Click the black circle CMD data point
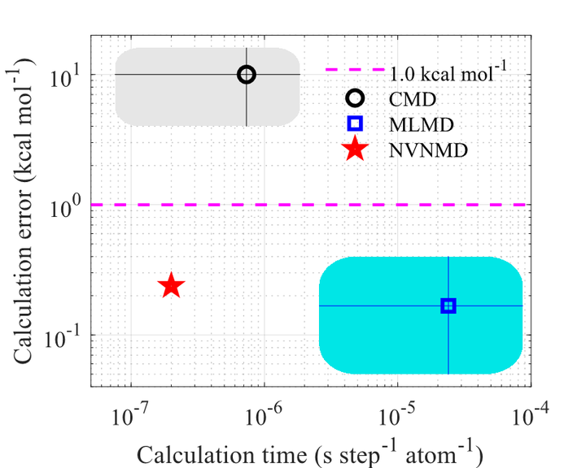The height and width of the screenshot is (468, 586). (247, 75)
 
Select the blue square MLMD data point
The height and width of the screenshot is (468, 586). (448, 305)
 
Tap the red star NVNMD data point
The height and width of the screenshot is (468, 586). (171, 285)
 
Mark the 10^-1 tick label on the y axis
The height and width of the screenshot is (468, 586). (63, 339)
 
